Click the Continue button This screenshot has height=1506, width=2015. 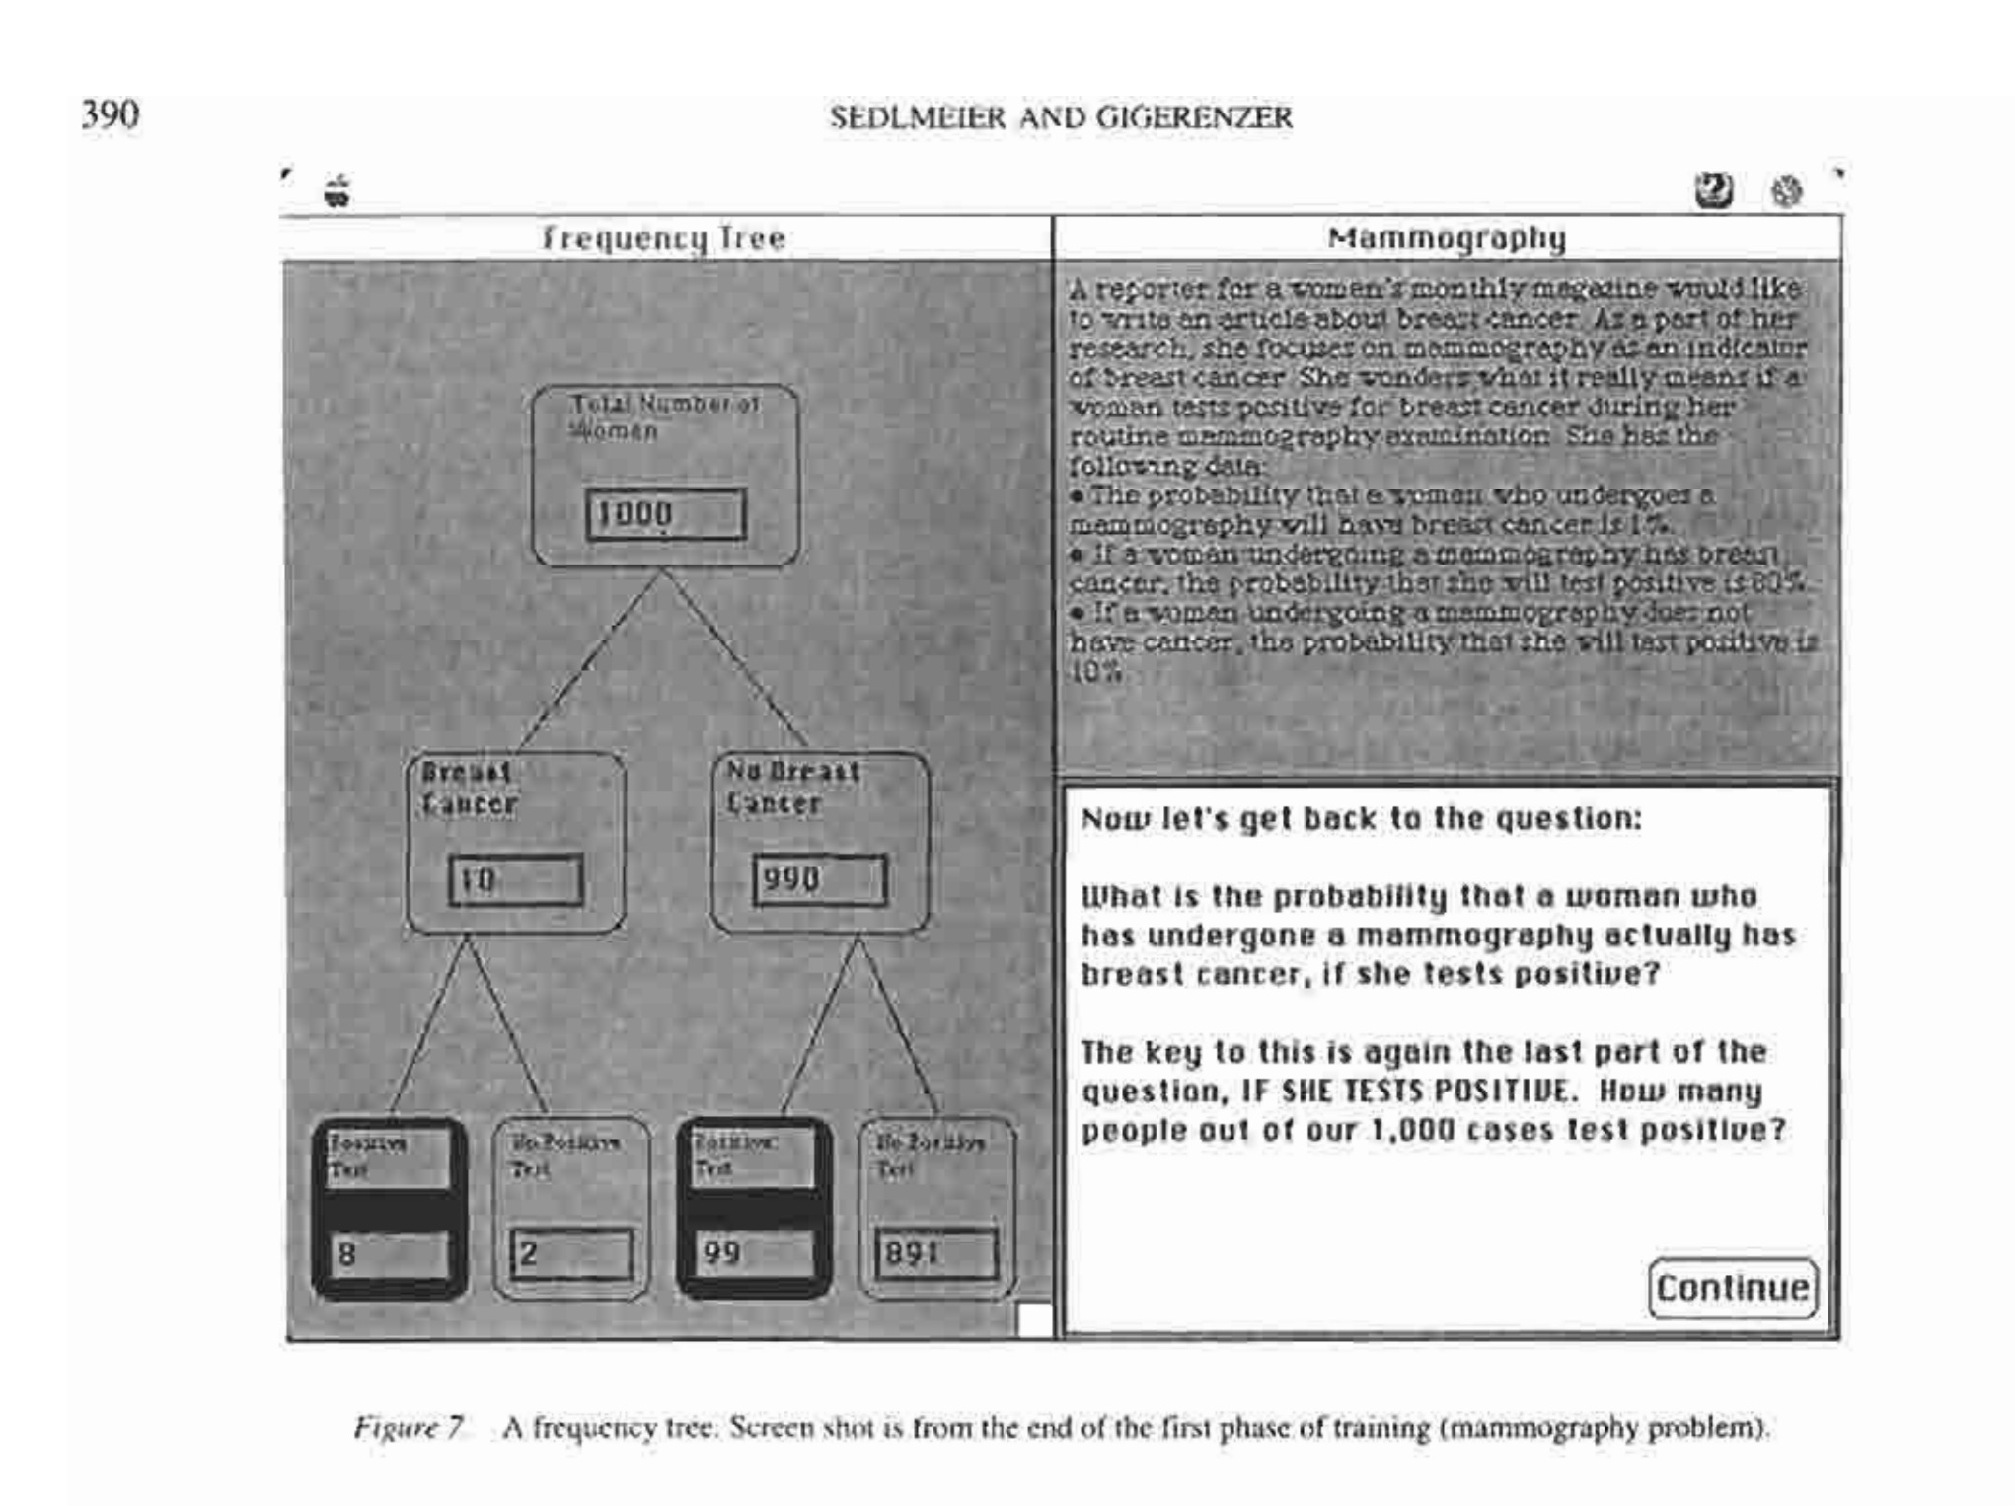[1732, 1287]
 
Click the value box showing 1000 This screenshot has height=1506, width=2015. [665, 514]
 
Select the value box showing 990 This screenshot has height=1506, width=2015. [819, 879]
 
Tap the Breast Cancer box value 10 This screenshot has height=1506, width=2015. [515, 879]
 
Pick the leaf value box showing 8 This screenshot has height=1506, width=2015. [389, 1253]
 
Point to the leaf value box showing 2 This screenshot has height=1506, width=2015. [571, 1253]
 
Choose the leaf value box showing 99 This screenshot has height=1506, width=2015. [755, 1252]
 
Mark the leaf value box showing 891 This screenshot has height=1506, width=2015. [935, 1253]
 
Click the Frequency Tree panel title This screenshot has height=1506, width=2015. [664, 238]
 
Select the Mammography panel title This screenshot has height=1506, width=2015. [1447, 238]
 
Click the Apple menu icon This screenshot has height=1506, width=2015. [337, 190]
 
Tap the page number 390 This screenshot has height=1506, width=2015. [110, 114]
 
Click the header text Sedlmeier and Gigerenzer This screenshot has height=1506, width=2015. [1061, 117]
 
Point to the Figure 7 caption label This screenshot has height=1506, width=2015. [409, 1427]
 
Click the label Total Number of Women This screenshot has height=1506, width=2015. [664, 416]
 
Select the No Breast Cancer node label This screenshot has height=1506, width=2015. [792, 787]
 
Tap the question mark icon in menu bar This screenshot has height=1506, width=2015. [1714, 189]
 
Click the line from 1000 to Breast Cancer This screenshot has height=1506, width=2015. [589, 658]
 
